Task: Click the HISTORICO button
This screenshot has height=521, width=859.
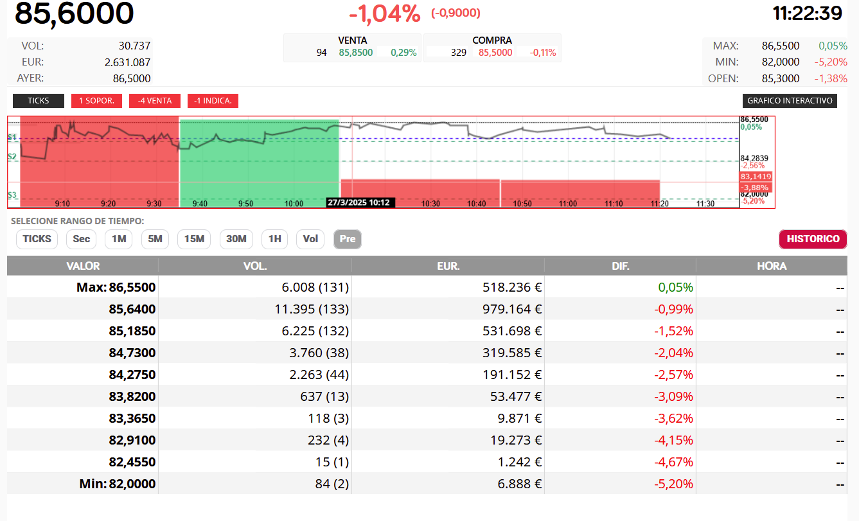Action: click(x=813, y=239)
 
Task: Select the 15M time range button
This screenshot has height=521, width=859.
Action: click(x=194, y=239)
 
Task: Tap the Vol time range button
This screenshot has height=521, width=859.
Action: click(x=310, y=239)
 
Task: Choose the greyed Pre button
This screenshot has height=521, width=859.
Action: click(x=348, y=239)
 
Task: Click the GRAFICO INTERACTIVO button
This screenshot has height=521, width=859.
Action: click(x=790, y=100)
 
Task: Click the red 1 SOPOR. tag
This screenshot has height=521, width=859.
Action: click(x=96, y=100)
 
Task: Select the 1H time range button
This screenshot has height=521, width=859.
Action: click(x=274, y=239)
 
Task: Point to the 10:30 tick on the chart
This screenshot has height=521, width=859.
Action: click(x=430, y=204)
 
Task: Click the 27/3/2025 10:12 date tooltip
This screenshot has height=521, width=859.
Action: click(x=359, y=202)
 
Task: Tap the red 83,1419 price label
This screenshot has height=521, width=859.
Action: click(x=756, y=177)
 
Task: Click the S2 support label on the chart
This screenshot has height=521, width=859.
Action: click(x=12, y=156)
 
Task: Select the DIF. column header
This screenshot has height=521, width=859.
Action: click(x=620, y=266)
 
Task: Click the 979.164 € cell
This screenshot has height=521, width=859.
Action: click(x=512, y=309)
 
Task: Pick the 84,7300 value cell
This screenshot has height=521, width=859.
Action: click(x=132, y=353)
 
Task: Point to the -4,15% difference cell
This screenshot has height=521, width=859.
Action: click(x=673, y=440)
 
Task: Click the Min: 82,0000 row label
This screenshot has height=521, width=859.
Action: click(x=118, y=484)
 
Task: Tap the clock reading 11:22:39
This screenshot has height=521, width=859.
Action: click(x=807, y=13)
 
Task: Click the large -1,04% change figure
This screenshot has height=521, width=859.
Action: click(x=385, y=14)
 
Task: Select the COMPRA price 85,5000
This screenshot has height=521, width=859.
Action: click(x=495, y=53)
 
